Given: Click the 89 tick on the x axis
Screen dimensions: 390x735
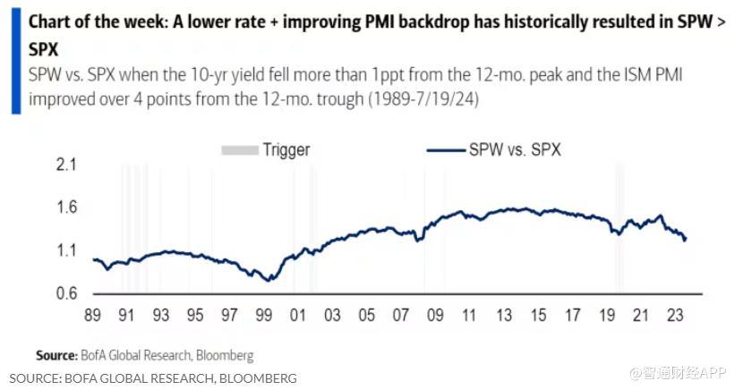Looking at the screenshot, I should pyautogui.click(x=92, y=315).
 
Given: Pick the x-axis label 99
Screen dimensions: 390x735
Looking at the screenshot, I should pyautogui.click(x=265, y=315).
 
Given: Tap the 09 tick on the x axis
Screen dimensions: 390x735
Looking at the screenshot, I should pyautogui.click(x=436, y=315).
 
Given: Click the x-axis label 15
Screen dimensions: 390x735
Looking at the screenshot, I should pyautogui.click(x=538, y=315).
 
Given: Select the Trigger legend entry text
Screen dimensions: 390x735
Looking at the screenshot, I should pyautogui.click(x=286, y=150).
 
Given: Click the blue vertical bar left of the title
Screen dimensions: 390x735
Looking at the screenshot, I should pyautogui.click(x=15, y=58).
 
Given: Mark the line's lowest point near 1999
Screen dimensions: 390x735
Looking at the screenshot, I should pyautogui.click(x=266, y=280).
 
